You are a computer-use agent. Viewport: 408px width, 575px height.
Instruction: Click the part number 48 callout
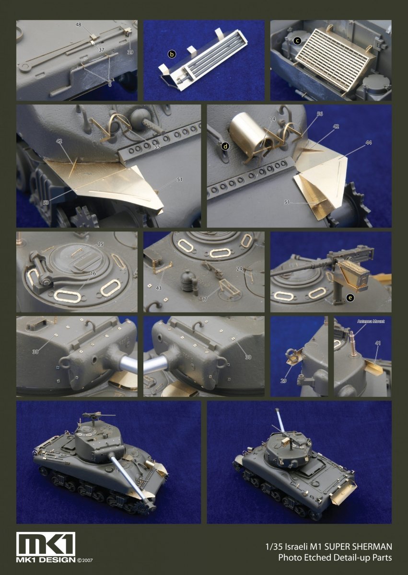(x=78, y=24)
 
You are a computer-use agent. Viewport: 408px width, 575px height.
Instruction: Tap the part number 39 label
(x=130, y=52)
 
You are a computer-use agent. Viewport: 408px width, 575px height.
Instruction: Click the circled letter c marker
(x=298, y=41)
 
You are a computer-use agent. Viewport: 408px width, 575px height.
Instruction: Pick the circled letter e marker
(x=350, y=298)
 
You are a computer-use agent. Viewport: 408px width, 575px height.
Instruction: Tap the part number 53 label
(x=46, y=203)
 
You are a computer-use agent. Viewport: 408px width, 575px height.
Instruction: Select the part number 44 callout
(x=368, y=143)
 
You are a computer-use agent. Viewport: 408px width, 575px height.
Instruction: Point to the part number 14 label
(x=272, y=118)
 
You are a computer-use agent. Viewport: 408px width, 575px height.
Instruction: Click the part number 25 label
(x=100, y=244)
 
